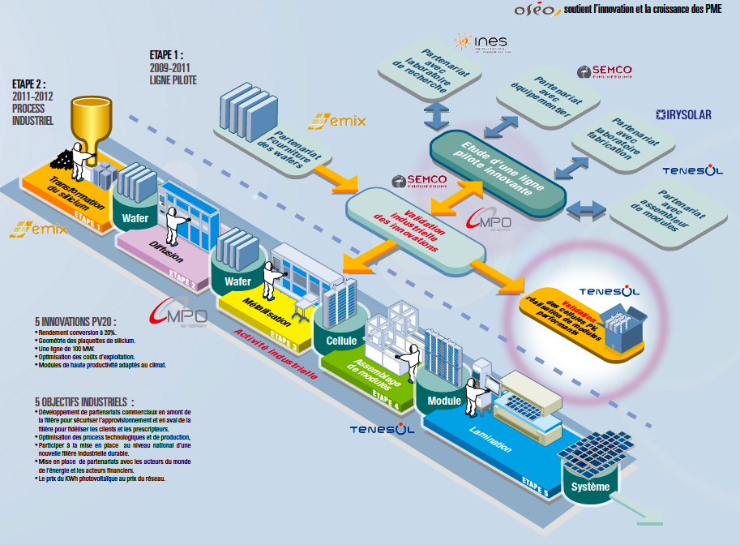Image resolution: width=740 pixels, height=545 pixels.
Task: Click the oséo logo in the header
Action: pos(537,11)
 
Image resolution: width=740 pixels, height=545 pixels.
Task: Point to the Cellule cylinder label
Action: pos(341,340)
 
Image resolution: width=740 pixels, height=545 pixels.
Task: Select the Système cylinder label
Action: pos(590,487)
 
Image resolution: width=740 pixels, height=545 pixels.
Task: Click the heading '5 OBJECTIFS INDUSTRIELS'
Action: pos(84,401)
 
